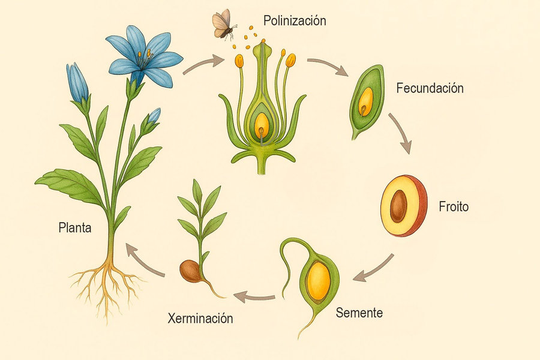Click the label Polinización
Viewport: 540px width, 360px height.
coord(295,21)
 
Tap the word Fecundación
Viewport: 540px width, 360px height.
coord(430,88)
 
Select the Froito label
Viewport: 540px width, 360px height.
coord(454,207)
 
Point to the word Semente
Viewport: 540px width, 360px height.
coord(359,313)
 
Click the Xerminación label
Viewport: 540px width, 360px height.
coord(200,318)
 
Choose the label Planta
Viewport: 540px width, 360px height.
coord(75,228)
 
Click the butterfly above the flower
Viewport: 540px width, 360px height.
coord(224,24)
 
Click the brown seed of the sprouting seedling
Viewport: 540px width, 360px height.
coord(191,270)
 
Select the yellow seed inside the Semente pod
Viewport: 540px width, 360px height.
coord(318,281)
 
